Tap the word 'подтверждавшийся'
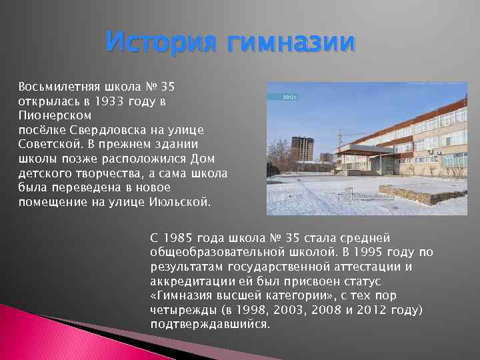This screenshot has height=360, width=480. tap(209, 325)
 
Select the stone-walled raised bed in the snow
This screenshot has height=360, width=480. tap(413, 193)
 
